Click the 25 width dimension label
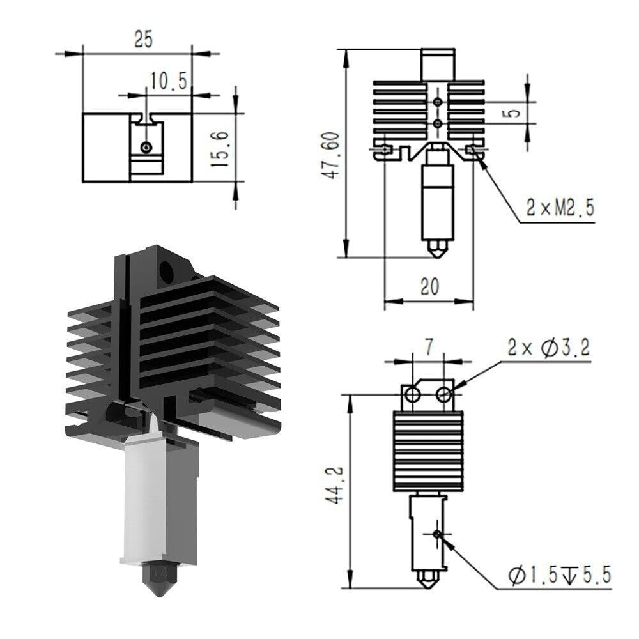143,40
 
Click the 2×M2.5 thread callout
560,208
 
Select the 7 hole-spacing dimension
428,347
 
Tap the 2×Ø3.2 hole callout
548,348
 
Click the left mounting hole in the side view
413,396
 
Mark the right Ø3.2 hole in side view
443,396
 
